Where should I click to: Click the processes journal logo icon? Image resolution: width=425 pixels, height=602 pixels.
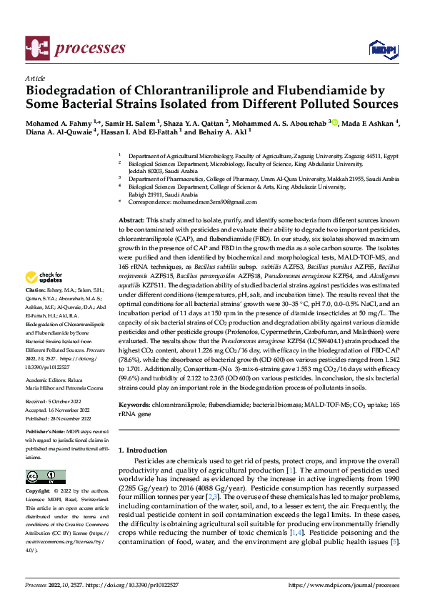click(x=36, y=48)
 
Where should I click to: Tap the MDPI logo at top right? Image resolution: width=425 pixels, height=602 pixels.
click(x=379, y=48)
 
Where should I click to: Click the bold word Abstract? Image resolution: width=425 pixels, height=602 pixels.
click(x=133, y=219)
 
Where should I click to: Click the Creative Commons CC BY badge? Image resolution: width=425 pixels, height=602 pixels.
click(x=45, y=477)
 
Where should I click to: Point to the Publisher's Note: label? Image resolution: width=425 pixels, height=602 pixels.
click(x=45, y=433)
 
